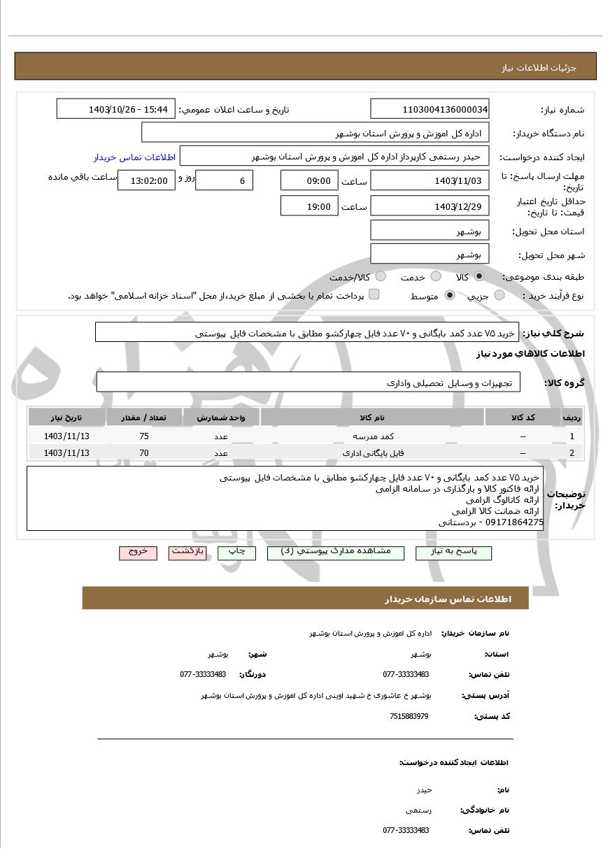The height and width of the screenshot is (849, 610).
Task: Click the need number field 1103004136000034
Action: [430, 109]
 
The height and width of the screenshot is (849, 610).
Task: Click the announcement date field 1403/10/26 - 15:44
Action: [115, 109]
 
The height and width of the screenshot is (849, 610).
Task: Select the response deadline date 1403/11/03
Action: [430, 181]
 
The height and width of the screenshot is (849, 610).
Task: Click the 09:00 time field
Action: [308, 181]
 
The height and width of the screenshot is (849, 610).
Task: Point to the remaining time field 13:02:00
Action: [143, 181]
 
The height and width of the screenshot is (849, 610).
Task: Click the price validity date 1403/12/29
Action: [430, 206]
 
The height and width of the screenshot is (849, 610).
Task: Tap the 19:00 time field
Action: [308, 206]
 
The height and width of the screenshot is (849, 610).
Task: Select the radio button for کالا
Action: [479, 276]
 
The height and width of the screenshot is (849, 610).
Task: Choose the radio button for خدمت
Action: [436, 276]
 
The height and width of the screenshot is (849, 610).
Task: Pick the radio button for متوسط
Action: [450, 296]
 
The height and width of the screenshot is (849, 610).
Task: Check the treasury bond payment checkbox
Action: [374, 294]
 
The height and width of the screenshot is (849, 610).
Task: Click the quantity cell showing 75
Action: [144, 436]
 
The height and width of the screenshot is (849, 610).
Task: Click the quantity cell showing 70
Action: [144, 453]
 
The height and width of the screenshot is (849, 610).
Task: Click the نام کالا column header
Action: [371, 418]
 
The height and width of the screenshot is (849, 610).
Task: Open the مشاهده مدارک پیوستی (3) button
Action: [340, 552]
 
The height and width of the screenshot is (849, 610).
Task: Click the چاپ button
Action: [237, 552]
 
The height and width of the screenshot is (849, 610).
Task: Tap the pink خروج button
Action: [138, 552]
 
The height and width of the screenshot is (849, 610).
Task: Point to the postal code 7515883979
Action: [409, 717]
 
